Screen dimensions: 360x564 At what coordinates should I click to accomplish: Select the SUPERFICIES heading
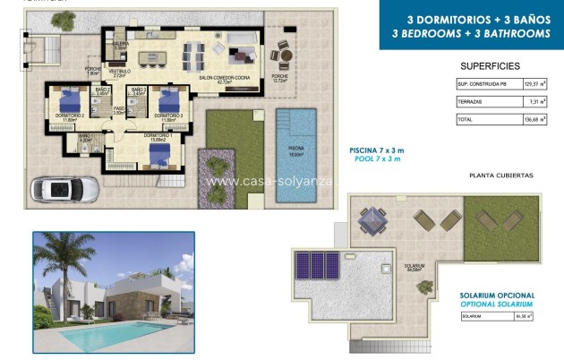click(491, 66)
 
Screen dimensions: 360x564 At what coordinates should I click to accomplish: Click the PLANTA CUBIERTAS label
click(501, 176)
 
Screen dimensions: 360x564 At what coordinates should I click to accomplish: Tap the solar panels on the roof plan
click(318, 264)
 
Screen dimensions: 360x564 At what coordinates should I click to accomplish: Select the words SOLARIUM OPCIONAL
click(497, 296)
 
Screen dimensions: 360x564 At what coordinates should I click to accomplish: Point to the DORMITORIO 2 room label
click(71, 116)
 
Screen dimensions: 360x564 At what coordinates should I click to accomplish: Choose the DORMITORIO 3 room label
click(168, 116)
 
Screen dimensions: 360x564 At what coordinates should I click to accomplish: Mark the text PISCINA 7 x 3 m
click(377, 150)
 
